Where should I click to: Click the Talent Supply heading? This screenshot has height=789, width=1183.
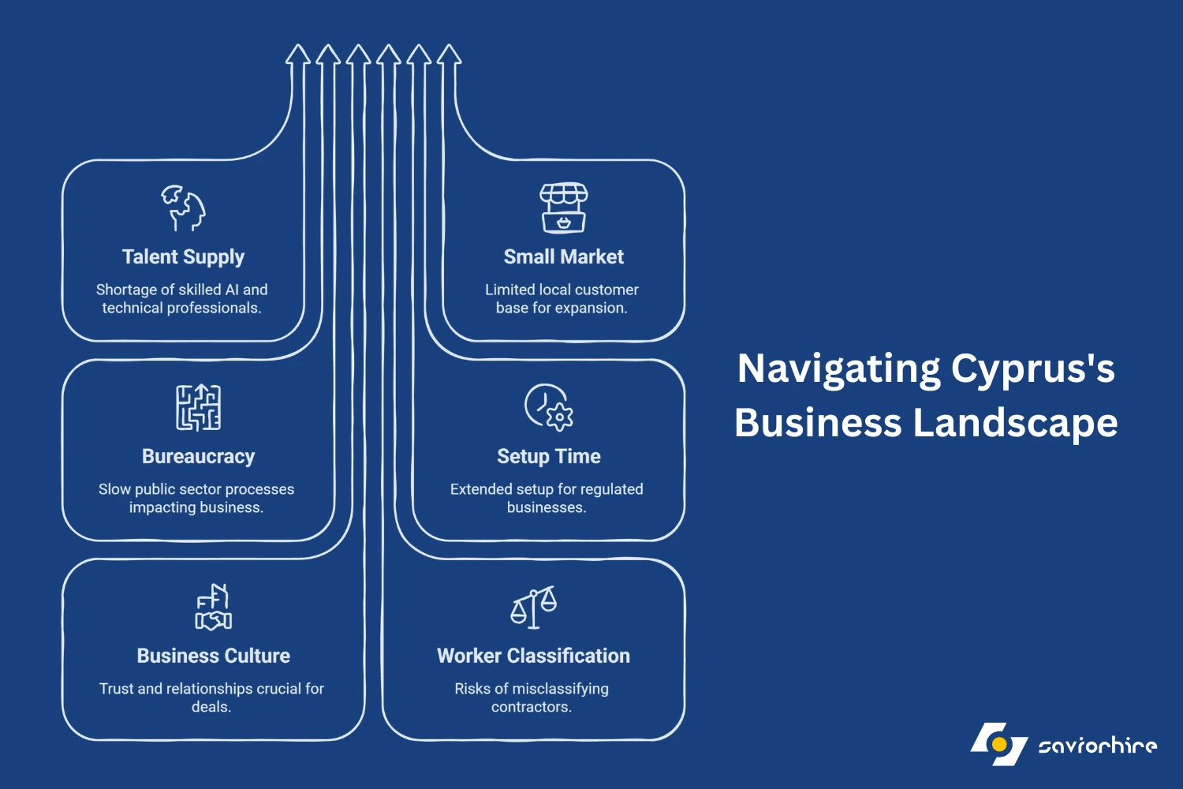(x=183, y=257)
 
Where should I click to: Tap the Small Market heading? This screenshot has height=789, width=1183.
(x=564, y=257)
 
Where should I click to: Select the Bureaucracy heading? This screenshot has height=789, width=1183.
(x=198, y=457)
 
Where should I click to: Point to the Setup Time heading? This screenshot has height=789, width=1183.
(x=549, y=457)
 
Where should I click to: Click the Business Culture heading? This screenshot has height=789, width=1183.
(x=214, y=656)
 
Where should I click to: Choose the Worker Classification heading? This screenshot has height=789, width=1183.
(x=533, y=656)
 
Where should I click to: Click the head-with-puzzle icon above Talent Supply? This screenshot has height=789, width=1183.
(x=183, y=208)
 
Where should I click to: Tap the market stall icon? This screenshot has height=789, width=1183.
(x=564, y=208)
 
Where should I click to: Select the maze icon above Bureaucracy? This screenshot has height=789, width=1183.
(x=198, y=407)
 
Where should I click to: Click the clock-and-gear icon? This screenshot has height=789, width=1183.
(x=549, y=407)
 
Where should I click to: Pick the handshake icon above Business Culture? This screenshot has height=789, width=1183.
(x=214, y=607)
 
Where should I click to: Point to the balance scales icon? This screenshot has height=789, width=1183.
(x=533, y=607)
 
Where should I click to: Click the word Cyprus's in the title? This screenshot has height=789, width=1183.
(x=1032, y=370)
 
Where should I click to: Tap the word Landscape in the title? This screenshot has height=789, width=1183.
(x=1015, y=423)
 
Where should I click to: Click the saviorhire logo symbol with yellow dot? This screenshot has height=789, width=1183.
(x=998, y=744)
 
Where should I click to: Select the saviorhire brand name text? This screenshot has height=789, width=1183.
(x=1098, y=745)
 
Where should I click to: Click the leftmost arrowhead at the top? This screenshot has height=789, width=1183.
(x=298, y=54)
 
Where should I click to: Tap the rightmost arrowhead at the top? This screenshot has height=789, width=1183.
(x=450, y=54)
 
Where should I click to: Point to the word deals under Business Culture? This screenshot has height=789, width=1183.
(x=210, y=707)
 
